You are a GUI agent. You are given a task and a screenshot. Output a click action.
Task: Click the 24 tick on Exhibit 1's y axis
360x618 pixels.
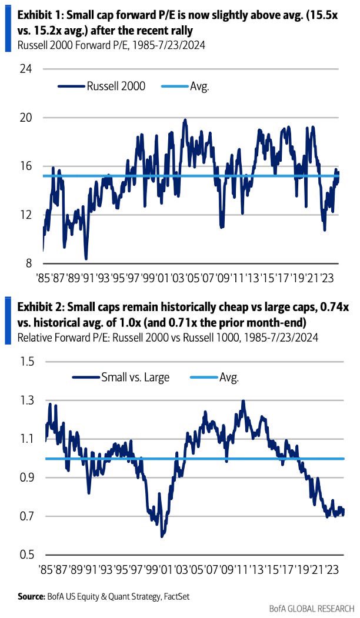coord(28,69)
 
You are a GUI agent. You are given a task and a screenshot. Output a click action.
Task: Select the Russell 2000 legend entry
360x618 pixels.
coord(115,86)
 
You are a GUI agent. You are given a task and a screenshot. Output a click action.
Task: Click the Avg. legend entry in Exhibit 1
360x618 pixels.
coord(199,86)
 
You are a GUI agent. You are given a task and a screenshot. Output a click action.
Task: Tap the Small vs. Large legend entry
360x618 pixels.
coord(135,378)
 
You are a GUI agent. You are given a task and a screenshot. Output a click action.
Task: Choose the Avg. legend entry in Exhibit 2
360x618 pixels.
coord(228,378)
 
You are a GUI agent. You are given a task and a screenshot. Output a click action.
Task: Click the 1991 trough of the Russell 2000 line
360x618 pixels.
coord(86,258)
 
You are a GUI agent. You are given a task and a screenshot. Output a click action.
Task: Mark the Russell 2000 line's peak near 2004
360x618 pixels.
coord(185,120)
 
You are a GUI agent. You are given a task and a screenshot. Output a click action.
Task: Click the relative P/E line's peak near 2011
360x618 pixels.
coord(243,402)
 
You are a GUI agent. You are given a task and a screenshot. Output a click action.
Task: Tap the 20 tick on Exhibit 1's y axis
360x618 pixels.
coord(28,118)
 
